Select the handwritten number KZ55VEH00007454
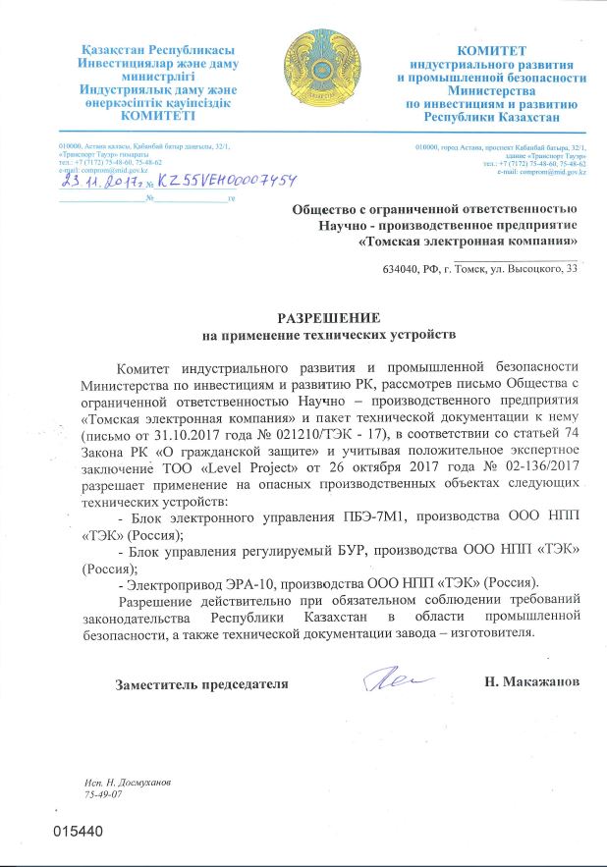[x=226, y=182]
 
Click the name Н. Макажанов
[x=531, y=681]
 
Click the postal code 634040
[x=404, y=269]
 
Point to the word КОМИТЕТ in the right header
[x=492, y=49]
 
